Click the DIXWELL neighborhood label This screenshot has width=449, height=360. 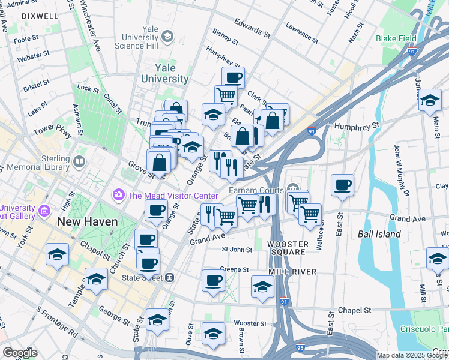23,17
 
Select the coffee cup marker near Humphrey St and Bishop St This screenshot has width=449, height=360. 233,77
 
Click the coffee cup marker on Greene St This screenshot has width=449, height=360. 212,280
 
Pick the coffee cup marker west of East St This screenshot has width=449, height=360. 342,184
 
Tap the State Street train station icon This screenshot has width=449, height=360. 170,277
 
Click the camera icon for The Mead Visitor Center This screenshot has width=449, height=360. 118,195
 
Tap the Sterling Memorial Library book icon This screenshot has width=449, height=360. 79,161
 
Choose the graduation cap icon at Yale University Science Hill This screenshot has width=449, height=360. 167,37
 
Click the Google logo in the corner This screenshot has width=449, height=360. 20,353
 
